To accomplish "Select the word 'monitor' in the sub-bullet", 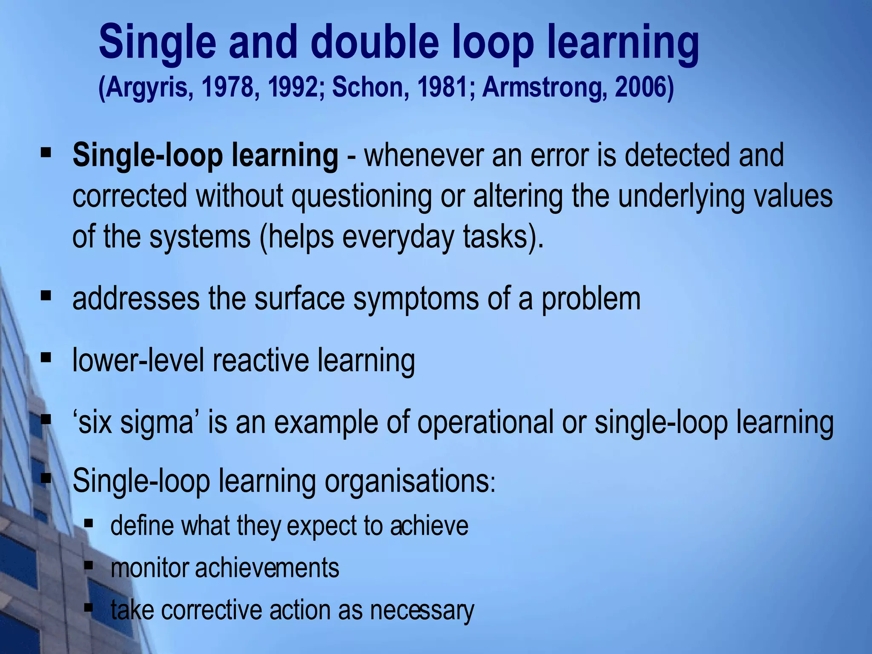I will click(x=149, y=568).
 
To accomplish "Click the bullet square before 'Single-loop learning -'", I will click(x=46, y=152).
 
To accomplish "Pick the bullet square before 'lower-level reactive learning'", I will click(x=46, y=357).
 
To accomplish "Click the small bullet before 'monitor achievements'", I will click(x=89, y=565).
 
